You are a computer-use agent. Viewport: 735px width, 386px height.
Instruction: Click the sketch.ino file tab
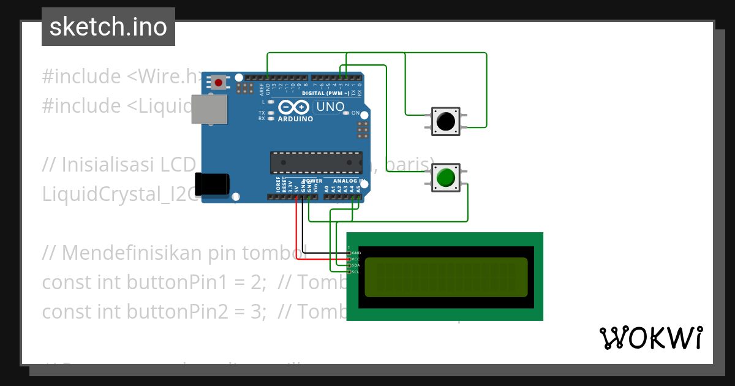click(108, 27)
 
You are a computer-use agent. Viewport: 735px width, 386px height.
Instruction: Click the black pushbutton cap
click(445, 121)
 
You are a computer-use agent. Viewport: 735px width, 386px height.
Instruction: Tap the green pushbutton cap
click(445, 178)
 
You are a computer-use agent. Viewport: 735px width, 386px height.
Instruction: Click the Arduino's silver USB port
click(209, 110)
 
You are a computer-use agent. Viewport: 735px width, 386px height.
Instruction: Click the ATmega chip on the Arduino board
click(316, 162)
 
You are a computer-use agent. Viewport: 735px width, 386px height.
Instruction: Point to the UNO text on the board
click(330, 107)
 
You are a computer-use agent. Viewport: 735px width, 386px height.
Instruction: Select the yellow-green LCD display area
click(446, 277)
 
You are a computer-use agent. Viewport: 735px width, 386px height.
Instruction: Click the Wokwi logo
click(651, 338)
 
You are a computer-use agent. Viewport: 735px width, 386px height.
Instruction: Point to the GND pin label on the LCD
click(356, 252)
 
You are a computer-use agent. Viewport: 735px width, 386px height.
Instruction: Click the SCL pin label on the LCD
click(355, 271)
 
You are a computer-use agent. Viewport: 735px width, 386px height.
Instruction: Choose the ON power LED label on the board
click(356, 113)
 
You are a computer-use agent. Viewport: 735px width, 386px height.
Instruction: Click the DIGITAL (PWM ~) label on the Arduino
click(331, 93)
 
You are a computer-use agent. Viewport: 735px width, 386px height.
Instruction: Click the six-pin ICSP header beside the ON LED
click(362, 130)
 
